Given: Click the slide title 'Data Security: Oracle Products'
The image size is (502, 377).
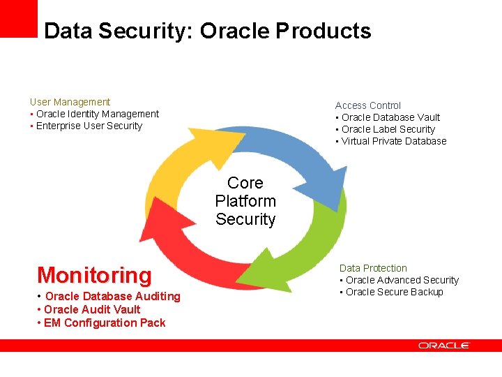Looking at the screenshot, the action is click(x=207, y=31).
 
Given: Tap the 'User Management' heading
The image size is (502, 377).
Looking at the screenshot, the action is click(x=70, y=102).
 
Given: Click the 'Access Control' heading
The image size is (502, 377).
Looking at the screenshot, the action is click(x=368, y=105).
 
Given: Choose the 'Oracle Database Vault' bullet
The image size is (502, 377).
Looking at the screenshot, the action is click(x=390, y=117).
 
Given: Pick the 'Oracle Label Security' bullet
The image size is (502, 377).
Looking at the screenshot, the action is click(x=388, y=129).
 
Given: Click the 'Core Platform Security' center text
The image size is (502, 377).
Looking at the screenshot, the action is click(x=245, y=201).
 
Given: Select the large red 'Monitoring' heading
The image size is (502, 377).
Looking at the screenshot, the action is click(x=94, y=275).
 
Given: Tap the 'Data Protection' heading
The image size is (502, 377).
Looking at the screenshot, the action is click(x=373, y=268).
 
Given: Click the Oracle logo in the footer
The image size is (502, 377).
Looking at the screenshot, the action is click(x=444, y=346).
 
